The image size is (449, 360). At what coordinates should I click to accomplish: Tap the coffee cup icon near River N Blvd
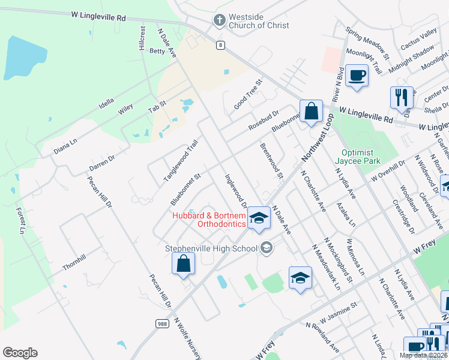coord(357,75)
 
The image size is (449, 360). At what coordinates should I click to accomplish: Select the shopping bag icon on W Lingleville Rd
coord(311,110)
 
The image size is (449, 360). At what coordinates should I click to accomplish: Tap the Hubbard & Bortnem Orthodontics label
coord(208,220)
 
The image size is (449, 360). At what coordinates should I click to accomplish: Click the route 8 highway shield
coord(221,45)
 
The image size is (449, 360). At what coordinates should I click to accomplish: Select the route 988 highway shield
coord(161,323)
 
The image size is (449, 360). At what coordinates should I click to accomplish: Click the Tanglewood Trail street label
coord(181,161)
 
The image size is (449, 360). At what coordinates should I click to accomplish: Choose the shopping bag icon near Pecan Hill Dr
coord(183,263)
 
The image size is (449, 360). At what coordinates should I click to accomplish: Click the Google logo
coord(20,353)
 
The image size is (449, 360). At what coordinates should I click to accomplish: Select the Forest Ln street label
coord(22,220)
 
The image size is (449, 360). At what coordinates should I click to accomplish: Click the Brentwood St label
coord(271,161)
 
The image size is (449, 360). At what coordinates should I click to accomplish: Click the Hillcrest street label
coord(142,38)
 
